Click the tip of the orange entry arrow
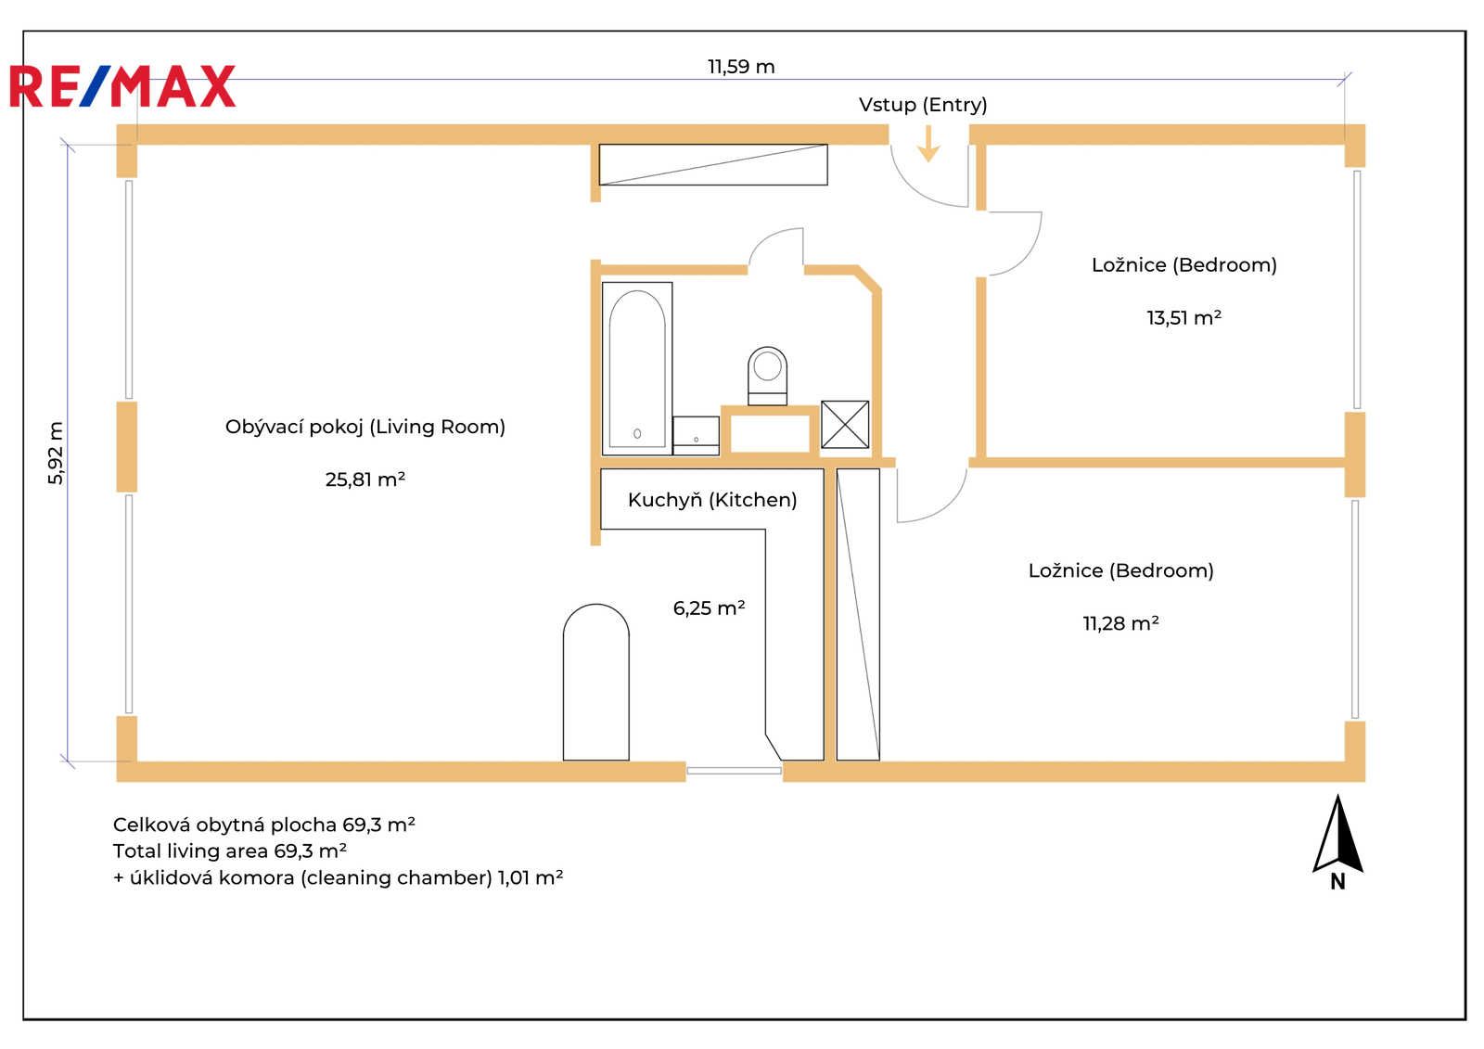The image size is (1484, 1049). pyautogui.click(x=928, y=162)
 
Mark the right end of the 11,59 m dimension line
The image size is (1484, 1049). pyautogui.click(x=1344, y=80)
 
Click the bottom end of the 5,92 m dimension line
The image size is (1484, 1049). pyautogui.click(x=68, y=761)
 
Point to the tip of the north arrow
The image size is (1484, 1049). pyautogui.click(x=1337, y=795)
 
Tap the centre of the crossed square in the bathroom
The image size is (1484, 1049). pyautogui.click(x=845, y=424)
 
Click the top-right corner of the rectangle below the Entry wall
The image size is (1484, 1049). pyautogui.click(x=827, y=145)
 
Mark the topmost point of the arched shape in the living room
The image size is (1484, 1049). pyautogui.click(x=596, y=605)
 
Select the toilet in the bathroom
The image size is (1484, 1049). pyautogui.click(x=767, y=376)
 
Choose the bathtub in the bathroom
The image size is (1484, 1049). pyautogui.click(x=636, y=368)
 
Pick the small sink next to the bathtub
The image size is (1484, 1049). pyautogui.click(x=696, y=435)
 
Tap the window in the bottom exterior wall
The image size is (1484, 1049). pyautogui.click(x=734, y=771)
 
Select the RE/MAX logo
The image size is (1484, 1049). pyautogui.click(x=122, y=86)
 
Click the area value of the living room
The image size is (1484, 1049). pyautogui.click(x=365, y=480)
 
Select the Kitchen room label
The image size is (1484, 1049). pyautogui.click(x=712, y=500)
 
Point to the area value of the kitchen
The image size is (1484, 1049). pyautogui.click(x=709, y=608)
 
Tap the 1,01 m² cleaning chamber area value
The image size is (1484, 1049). pyautogui.click(x=530, y=877)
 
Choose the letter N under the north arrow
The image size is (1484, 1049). pyautogui.click(x=1337, y=882)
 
